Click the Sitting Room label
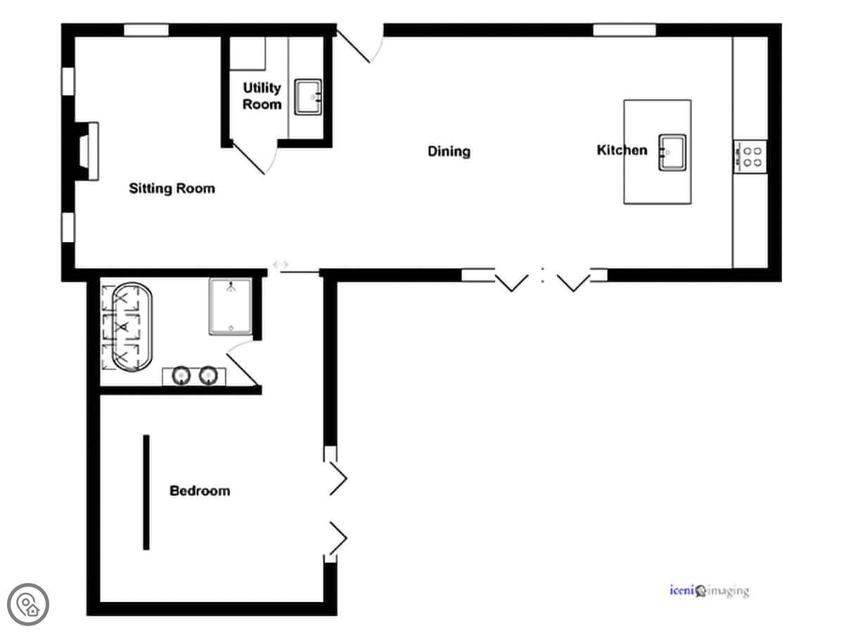pos(172,188)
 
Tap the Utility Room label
pos(262,96)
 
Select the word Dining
pos(449,151)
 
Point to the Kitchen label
pos(622,150)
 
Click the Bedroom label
pos(200,491)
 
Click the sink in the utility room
pos(307,97)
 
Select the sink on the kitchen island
pos(672,152)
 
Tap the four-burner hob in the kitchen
pos(750,157)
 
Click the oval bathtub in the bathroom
pos(132,328)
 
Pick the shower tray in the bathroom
pos(230,307)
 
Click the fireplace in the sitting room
pos(89,151)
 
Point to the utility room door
pos(254,158)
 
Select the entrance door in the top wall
pos(359,44)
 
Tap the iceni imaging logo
pos(710,590)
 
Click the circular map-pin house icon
pos(28,605)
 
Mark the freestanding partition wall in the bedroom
pos(146,492)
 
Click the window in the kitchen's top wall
pos(624,30)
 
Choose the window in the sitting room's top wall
pos(146,30)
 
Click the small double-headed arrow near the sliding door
pos(281,264)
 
